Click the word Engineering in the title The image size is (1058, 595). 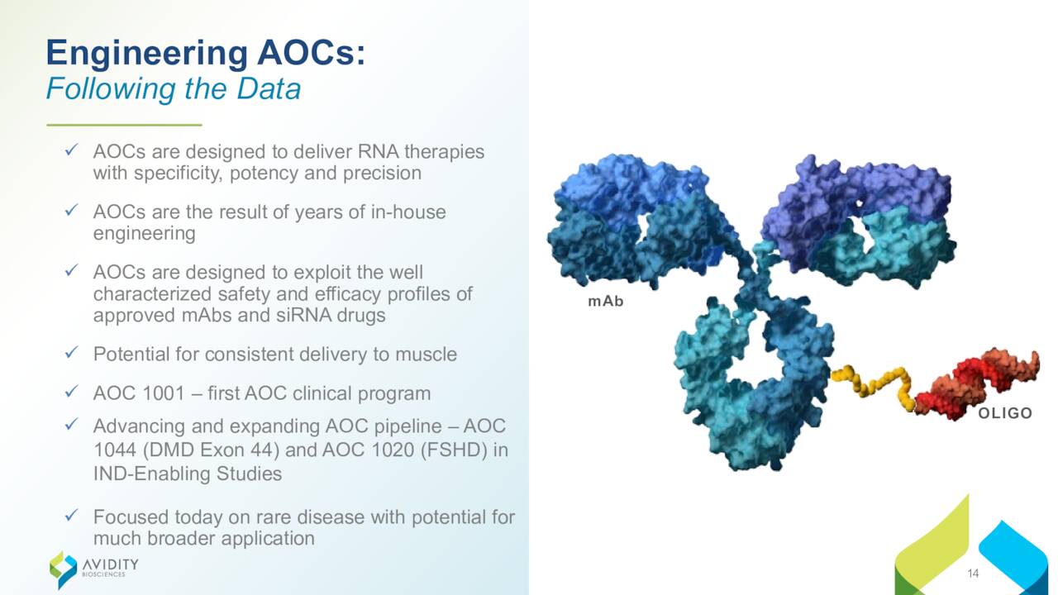tap(147, 54)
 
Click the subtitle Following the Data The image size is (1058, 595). tap(174, 88)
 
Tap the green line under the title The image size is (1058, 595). tap(124, 125)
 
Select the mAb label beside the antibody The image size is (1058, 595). tap(606, 302)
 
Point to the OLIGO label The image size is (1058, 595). tap(1005, 413)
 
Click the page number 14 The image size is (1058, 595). tap(973, 574)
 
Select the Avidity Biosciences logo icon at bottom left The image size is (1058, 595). tap(63, 569)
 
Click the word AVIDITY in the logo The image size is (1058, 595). tap(111, 564)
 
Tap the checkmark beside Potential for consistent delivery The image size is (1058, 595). tap(71, 352)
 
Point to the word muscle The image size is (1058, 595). tap(426, 355)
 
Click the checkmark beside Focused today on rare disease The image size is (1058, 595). tap(71, 515)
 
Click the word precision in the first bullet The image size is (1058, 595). tap(382, 174)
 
